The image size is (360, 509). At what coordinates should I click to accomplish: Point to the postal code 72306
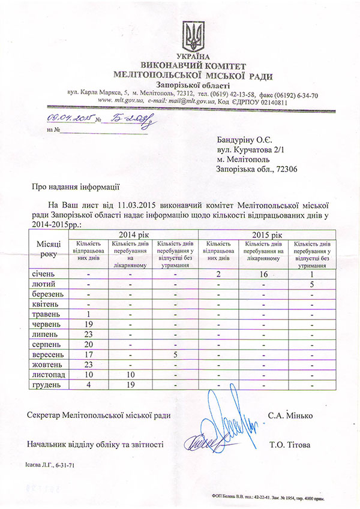click(285, 170)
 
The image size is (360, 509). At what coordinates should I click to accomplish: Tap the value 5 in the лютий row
click(312, 285)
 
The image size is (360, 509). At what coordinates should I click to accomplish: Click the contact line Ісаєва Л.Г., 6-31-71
click(51, 465)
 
